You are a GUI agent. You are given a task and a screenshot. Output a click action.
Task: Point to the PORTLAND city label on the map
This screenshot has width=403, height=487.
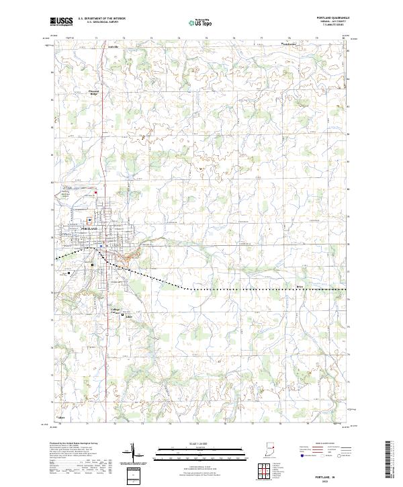(x=89, y=229)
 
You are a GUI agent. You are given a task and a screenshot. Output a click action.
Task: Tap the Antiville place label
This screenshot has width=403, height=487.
(x=112, y=48)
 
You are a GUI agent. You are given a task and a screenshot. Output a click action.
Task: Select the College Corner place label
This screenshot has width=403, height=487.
(x=115, y=311)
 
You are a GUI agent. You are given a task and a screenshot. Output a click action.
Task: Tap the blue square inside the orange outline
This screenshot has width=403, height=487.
(x=101, y=246)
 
